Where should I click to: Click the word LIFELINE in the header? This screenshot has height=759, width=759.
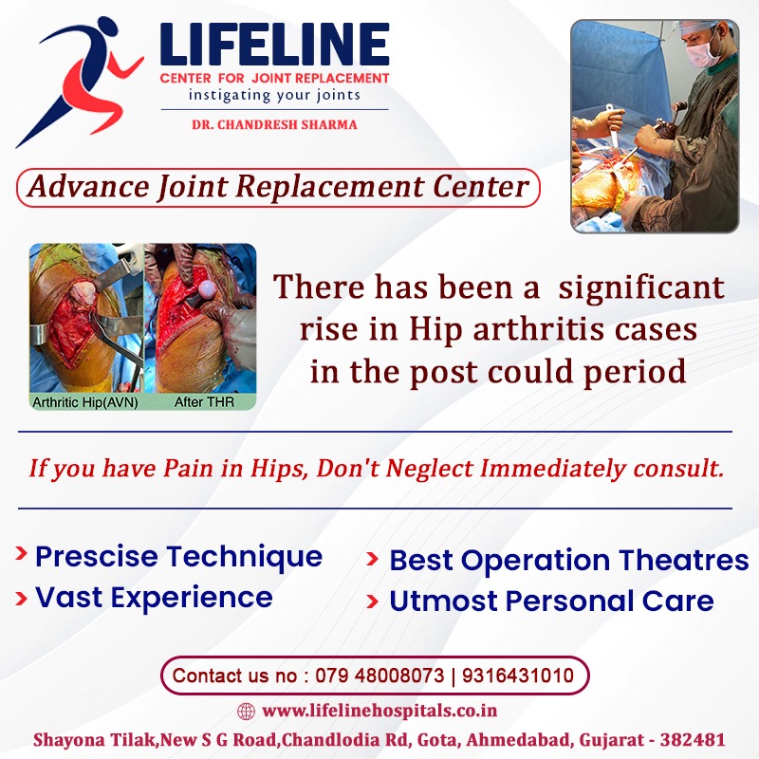274,45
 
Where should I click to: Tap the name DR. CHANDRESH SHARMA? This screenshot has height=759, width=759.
274,125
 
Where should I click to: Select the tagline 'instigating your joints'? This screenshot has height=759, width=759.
274,95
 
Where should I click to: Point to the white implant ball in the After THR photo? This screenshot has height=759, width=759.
207,289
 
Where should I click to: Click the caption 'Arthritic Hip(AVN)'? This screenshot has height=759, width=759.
85,402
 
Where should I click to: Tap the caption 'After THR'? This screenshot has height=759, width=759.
204,401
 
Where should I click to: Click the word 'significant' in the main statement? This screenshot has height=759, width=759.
641,288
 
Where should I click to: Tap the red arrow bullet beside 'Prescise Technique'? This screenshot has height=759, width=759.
21,553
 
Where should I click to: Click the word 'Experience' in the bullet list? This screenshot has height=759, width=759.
192,598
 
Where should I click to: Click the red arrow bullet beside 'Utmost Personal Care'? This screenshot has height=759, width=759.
372,602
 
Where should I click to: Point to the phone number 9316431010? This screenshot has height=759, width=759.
518,676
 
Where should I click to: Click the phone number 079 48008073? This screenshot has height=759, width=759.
379,676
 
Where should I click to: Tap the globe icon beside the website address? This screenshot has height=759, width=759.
246,711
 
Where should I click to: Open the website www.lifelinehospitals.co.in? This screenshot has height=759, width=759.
379,711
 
